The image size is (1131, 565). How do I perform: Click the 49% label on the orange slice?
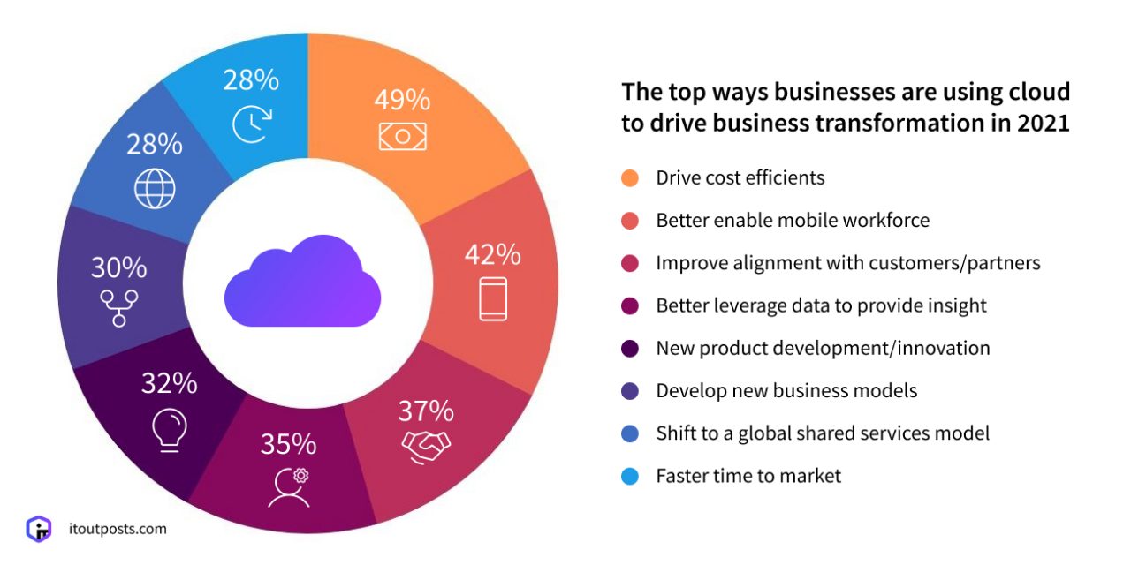[402, 98]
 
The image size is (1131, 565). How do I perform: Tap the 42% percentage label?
[493, 254]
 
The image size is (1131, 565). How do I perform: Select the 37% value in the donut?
[425, 411]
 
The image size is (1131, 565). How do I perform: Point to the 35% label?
[288, 442]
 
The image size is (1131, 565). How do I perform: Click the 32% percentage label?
[169, 383]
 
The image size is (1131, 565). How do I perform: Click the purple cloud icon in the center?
[302, 281]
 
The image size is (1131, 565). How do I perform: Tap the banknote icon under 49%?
[402, 135]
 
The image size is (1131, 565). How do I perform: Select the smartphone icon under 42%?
[493, 298]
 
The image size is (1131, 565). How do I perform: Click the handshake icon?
[426, 446]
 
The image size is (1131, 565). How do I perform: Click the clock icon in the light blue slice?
[251, 124]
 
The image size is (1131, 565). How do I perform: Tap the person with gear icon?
[291, 486]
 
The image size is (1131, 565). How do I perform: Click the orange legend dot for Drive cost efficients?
[629, 178]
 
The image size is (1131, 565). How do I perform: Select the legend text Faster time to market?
[748, 476]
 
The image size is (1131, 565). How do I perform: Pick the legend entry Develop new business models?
[786, 390]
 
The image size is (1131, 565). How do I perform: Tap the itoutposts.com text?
[117, 529]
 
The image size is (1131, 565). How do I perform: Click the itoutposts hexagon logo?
[39, 530]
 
